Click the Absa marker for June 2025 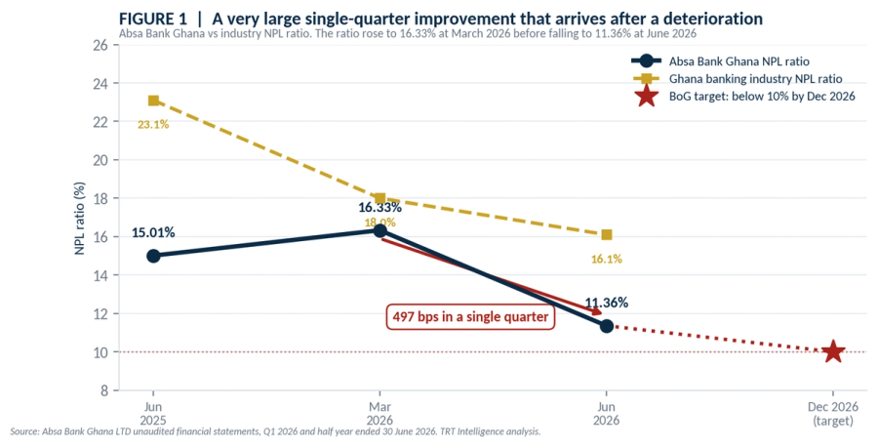pyautogui.click(x=153, y=256)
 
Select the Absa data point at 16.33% pyautogui.click(x=379, y=230)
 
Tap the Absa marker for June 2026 pyautogui.click(x=607, y=325)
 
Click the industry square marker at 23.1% pyautogui.click(x=153, y=101)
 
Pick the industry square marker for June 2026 pyautogui.click(x=607, y=234)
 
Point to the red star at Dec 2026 pyautogui.click(x=833, y=351)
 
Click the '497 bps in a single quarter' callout pyautogui.click(x=470, y=317)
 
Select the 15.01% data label pyautogui.click(x=153, y=232)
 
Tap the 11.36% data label pyautogui.click(x=607, y=303)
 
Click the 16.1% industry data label pyautogui.click(x=607, y=259)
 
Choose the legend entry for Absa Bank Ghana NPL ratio pyautogui.click(x=720, y=61)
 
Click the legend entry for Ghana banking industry pyautogui.click(x=737, y=79)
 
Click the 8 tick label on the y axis pyautogui.click(x=104, y=390)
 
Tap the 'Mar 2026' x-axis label pyautogui.click(x=379, y=414)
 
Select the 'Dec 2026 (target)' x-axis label pyautogui.click(x=833, y=414)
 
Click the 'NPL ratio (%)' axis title pyautogui.click(x=80, y=218)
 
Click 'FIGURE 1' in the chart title pyautogui.click(x=153, y=19)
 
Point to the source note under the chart pyautogui.click(x=275, y=432)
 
